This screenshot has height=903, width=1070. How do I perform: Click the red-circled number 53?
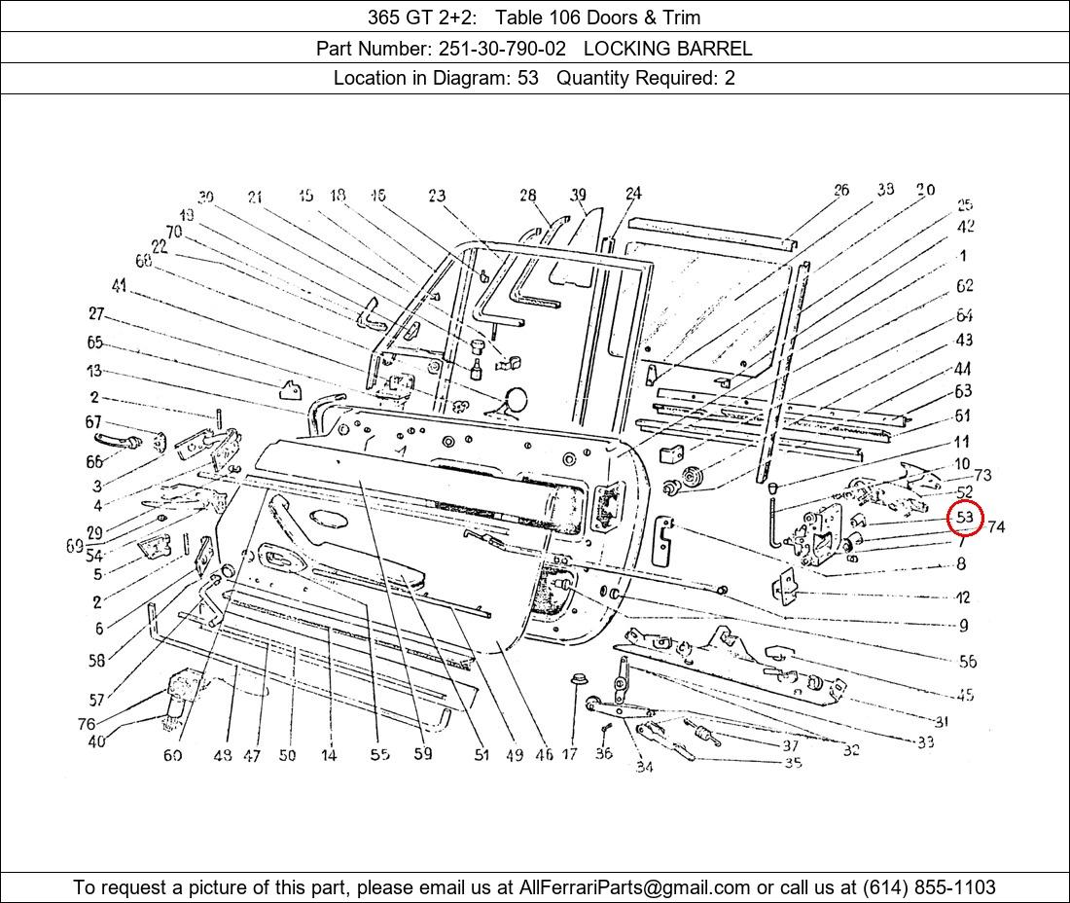click(965, 518)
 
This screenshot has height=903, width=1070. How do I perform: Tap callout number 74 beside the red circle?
click(996, 527)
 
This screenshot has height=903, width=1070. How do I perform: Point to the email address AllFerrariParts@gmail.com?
click(634, 887)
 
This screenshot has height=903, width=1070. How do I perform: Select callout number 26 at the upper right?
click(840, 191)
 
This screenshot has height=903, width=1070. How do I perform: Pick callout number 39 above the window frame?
click(579, 195)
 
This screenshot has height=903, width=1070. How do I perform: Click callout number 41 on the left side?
click(119, 286)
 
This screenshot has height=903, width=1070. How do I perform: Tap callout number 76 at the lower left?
click(87, 724)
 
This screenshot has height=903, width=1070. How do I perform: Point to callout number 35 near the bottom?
click(793, 763)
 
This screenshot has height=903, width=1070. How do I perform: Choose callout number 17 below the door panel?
click(569, 754)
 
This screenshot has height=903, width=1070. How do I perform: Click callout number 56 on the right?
click(967, 662)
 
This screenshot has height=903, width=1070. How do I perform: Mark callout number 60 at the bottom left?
click(172, 755)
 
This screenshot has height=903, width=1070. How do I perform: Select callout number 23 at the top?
click(437, 196)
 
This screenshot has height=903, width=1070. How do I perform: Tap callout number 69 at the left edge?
click(75, 547)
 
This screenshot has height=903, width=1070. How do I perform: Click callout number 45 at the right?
click(965, 695)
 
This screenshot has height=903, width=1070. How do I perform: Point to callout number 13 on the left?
click(93, 371)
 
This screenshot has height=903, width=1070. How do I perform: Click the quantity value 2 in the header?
click(730, 79)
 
